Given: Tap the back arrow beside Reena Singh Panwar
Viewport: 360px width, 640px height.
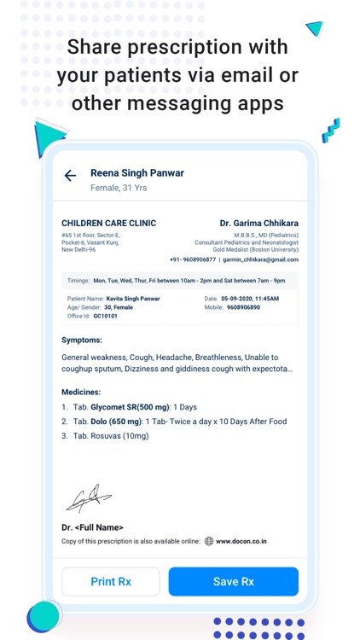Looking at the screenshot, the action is pyautogui.click(x=70, y=176).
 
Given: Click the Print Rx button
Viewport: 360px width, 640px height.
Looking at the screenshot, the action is pyautogui.click(x=111, y=581).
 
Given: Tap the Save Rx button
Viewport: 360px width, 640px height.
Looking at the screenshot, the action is pyautogui.click(x=233, y=581).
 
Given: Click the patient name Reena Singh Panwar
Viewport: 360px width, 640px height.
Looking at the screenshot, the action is pyautogui.click(x=137, y=173).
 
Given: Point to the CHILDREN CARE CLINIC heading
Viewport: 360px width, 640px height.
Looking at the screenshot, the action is pyautogui.click(x=108, y=224).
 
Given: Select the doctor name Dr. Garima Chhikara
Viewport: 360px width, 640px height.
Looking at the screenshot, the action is pyautogui.click(x=258, y=224).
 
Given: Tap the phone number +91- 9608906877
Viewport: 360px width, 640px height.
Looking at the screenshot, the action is pyautogui.click(x=192, y=259).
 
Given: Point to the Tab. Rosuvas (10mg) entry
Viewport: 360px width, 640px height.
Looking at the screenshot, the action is pyautogui.click(x=110, y=436).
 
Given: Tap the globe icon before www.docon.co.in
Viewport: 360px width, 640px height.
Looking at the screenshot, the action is pyautogui.click(x=209, y=541).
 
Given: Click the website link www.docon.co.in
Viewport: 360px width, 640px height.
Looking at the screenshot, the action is pyautogui.click(x=243, y=541).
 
